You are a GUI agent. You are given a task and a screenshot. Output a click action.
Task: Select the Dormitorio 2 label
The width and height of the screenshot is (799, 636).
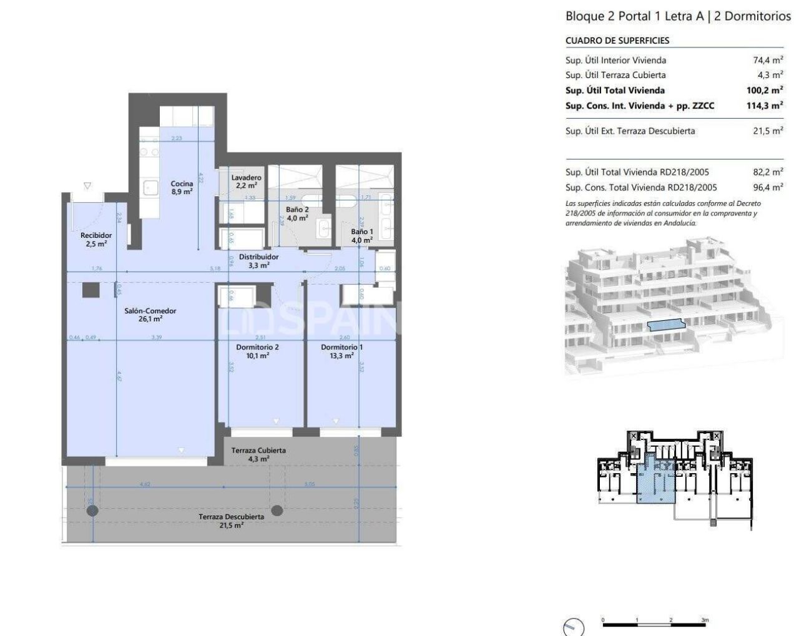(257, 351)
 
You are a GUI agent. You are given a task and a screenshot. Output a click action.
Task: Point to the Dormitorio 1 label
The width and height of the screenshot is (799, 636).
(341, 351)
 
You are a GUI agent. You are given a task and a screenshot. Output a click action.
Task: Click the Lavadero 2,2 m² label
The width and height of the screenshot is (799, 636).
(246, 182)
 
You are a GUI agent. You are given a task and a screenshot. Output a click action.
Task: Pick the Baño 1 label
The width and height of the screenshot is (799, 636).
(362, 235)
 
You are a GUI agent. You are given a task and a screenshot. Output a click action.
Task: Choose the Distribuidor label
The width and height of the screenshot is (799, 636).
(258, 261)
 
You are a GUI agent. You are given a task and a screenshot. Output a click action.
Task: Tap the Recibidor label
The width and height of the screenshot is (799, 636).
(96, 240)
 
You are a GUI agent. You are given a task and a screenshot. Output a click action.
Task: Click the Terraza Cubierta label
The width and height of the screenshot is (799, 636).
(258, 454)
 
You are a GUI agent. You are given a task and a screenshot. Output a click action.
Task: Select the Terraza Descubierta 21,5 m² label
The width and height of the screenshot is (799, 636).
(231, 521)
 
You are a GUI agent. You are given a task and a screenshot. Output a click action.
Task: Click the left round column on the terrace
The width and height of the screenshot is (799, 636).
(92, 511)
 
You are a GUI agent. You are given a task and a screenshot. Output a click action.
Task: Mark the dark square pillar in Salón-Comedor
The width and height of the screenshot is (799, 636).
(91, 290)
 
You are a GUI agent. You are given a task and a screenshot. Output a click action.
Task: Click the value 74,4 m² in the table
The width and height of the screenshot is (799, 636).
(768, 61)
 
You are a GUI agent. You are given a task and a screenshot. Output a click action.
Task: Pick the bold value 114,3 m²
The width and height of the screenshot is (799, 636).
(765, 106)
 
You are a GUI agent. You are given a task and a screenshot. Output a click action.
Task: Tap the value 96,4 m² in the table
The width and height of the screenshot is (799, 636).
(768, 187)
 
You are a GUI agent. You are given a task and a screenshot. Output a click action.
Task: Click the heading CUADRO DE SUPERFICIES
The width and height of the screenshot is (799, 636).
(617, 41)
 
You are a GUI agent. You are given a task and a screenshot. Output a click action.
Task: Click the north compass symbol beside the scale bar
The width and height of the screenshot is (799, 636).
(573, 627)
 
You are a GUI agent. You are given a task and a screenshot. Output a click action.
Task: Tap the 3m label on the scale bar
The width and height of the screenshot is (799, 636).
(704, 620)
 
